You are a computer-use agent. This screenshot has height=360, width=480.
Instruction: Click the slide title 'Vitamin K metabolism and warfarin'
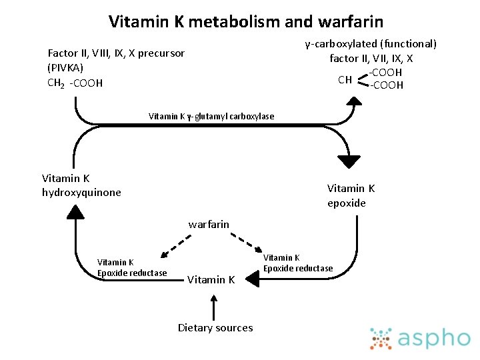[x=246, y=21]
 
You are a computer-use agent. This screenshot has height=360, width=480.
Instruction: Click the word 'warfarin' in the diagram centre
[x=209, y=225]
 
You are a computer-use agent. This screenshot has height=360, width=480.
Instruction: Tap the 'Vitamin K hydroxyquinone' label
[x=81, y=185]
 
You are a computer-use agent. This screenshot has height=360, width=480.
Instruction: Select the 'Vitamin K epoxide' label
[x=351, y=196]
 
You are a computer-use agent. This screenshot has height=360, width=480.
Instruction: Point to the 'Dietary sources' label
[x=215, y=327]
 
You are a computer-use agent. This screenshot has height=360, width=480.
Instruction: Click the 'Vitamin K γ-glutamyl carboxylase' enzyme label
[x=211, y=116]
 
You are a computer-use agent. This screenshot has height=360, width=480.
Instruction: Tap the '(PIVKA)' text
[x=65, y=67]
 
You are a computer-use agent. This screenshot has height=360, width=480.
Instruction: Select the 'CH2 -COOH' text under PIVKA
[x=75, y=83]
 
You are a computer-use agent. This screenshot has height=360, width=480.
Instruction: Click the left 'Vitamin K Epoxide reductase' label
[x=132, y=267]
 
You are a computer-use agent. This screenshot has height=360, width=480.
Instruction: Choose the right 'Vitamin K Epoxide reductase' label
[x=298, y=263]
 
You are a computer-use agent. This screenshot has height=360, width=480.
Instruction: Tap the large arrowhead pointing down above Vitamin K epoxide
[x=348, y=161]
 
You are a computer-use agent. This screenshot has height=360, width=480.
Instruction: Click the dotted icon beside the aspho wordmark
[x=381, y=338]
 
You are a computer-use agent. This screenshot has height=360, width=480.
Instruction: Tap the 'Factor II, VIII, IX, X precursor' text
[x=116, y=53]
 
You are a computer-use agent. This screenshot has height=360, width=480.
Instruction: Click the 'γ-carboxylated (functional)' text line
[x=371, y=44]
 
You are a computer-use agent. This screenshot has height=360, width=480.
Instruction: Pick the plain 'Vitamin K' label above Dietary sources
[x=211, y=280]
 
